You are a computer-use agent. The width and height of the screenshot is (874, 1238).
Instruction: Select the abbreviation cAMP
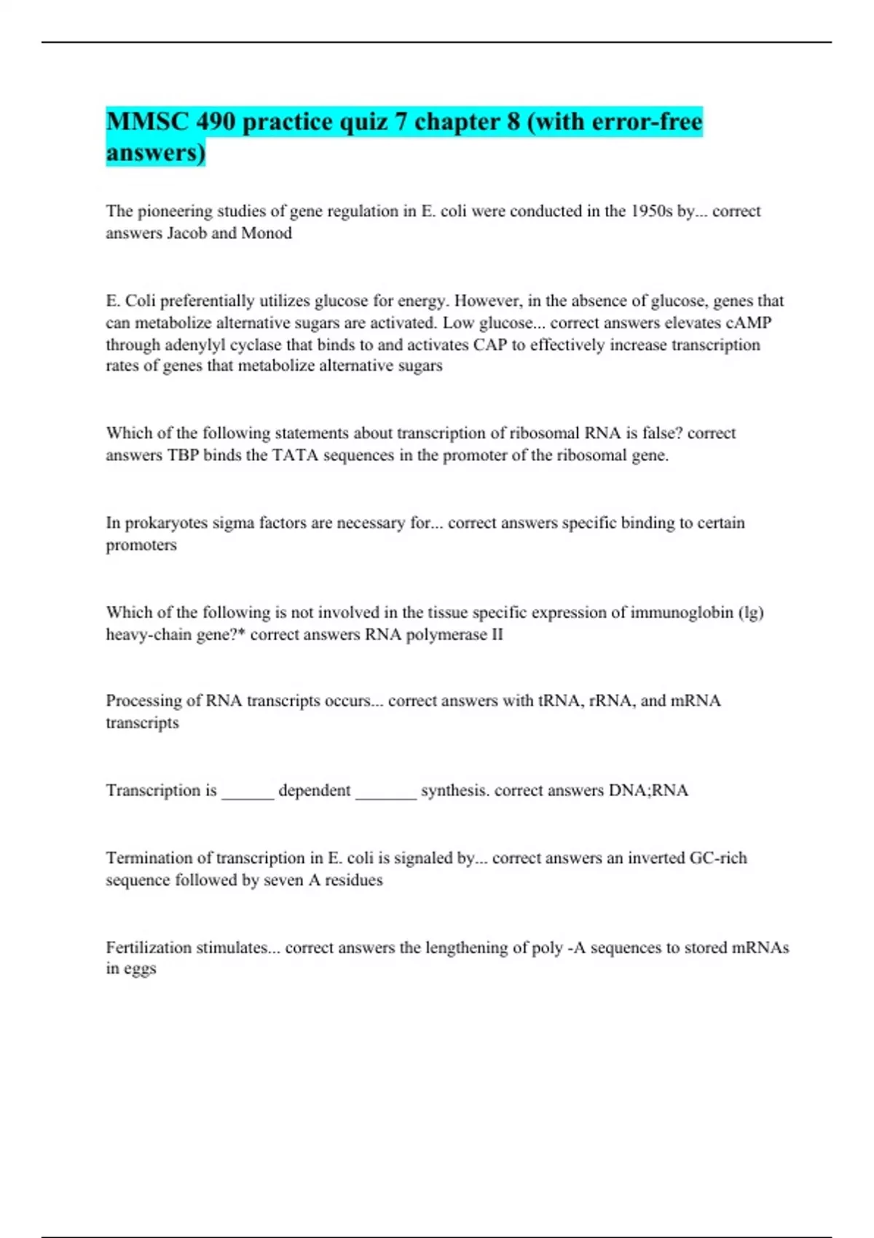(x=749, y=323)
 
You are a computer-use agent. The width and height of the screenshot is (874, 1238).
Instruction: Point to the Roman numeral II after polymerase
(x=496, y=634)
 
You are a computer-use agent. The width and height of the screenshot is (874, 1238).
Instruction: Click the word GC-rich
(x=718, y=858)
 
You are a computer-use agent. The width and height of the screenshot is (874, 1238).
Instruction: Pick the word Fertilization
(x=150, y=947)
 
